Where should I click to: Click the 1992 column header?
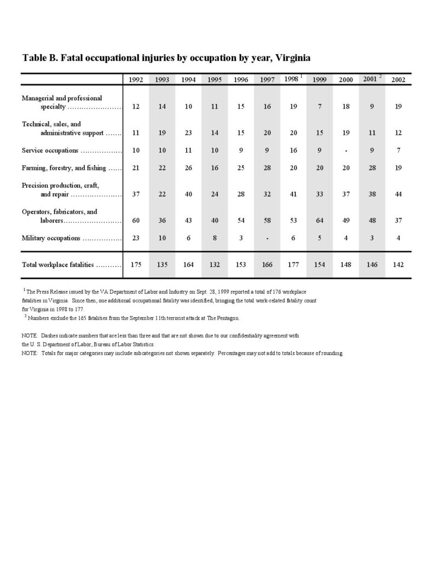tap(136, 80)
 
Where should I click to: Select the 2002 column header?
tap(398, 80)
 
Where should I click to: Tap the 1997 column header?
tap(267, 80)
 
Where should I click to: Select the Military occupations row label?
tap(51, 238)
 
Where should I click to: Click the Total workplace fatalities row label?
tap(58, 265)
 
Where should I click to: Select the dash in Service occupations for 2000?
tap(345, 150)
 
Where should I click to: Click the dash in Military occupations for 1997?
tap(267, 238)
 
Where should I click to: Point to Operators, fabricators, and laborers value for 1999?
tap(319, 221)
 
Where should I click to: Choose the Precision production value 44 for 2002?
tap(398, 194)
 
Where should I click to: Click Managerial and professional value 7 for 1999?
tap(319, 106)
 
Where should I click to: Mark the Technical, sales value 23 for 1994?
tap(188, 133)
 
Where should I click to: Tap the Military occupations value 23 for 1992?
tap(136, 238)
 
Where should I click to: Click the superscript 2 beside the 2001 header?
tap(380, 76)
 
